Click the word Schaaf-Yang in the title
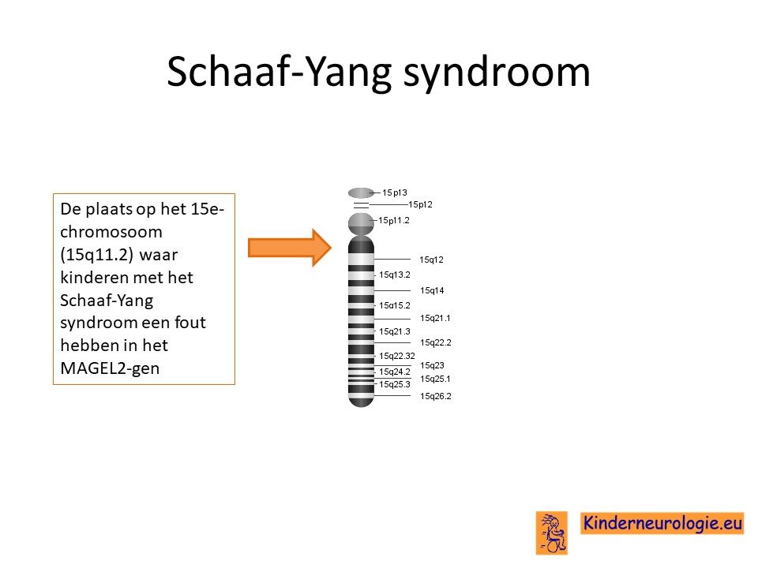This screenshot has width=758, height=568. [279, 72]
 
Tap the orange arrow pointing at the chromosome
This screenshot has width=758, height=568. [290, 248]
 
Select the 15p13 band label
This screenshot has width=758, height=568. [395, 192]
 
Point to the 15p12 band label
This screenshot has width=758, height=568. [421, 204]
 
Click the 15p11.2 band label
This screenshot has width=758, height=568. [393, 220]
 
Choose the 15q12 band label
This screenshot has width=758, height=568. [431, 260]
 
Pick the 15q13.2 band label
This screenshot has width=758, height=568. [395, 275]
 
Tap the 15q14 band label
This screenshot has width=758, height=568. [432, 290]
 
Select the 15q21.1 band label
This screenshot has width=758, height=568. [435, 318]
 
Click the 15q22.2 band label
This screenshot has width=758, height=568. [436, 342]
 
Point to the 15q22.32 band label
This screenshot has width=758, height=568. [397, 356]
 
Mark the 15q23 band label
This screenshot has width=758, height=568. [432, 365]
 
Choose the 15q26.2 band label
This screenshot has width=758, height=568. [436, 396]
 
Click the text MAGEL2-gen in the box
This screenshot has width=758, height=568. [110, 368]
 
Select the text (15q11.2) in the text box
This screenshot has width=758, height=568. [96, 255]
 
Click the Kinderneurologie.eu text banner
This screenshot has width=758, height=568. [662, 523]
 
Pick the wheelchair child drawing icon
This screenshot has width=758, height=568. [552, 532]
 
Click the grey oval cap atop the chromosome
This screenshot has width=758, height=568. [361, 193]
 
